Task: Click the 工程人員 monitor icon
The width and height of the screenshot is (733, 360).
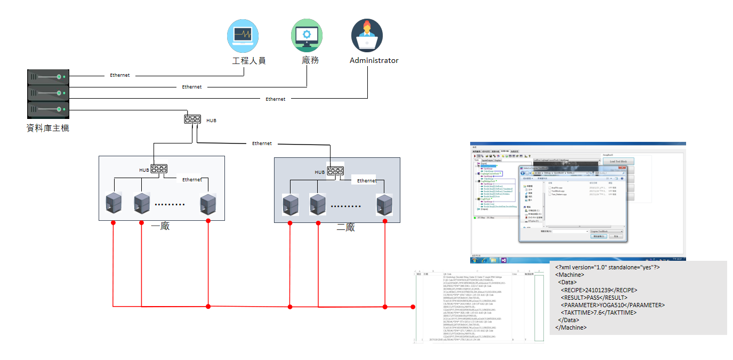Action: click(x=244, y=35)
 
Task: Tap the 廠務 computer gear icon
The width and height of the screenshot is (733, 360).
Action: click(x=307, y=35)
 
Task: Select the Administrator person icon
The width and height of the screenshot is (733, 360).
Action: click(x=367, y=35)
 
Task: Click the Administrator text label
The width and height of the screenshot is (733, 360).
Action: click(x=374, y=60)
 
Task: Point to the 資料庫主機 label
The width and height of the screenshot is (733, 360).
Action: click(x=48, y=128)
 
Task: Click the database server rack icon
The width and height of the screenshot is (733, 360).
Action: click(x=48, y=94)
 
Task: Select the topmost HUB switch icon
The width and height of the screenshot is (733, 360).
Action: click(x=192, y=119)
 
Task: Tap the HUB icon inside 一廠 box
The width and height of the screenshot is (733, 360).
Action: click(x=159, y=170)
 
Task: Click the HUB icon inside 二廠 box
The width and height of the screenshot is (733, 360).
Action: click(x=336, y=171)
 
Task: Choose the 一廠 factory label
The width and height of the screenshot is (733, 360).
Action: click(x=160, y=226)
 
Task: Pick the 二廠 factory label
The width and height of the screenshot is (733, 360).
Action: click(x=345, y=228)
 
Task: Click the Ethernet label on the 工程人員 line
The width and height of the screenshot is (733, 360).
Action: click(x=120, y=75)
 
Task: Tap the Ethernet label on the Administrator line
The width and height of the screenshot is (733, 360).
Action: click(x=276, y=99)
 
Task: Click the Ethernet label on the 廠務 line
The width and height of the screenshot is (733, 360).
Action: click(x=192, y=87)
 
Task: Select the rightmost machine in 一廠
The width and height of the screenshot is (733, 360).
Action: click(x=208, y=204)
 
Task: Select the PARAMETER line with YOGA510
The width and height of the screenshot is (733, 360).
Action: click(x=613, y=305)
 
